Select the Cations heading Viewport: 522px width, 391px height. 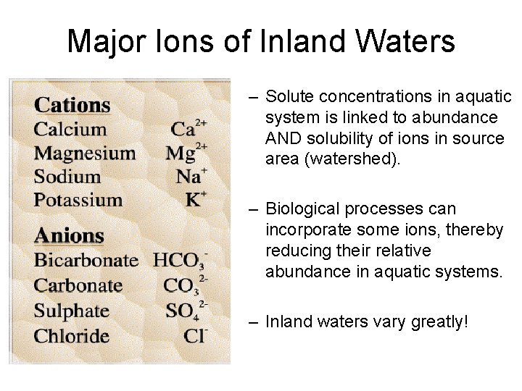72,105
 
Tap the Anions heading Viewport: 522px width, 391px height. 70,236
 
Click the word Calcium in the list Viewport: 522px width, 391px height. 70,130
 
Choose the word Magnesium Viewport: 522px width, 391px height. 85,154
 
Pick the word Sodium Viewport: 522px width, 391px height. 67,177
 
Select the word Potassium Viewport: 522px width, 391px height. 78,200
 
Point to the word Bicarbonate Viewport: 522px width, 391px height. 86,261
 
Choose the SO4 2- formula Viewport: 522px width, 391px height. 186,311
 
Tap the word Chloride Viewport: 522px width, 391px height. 72,336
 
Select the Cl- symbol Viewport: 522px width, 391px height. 195,336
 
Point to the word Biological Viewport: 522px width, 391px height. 302,209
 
